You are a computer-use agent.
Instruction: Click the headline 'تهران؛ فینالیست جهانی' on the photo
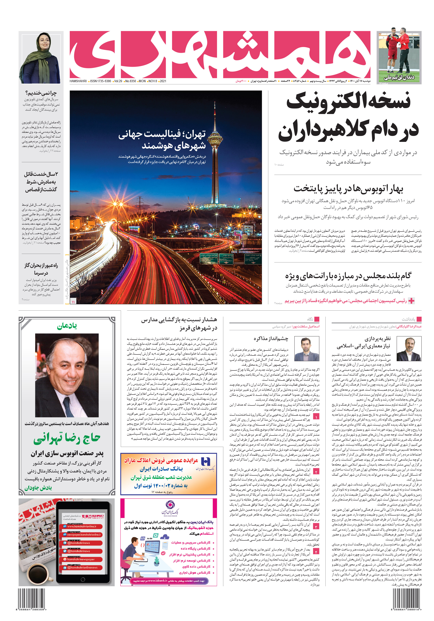click(x=162, y=134)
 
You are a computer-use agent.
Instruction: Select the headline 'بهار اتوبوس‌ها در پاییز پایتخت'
click(x=348, y=188)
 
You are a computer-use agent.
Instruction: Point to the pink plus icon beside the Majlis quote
click(x=411, y=301)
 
